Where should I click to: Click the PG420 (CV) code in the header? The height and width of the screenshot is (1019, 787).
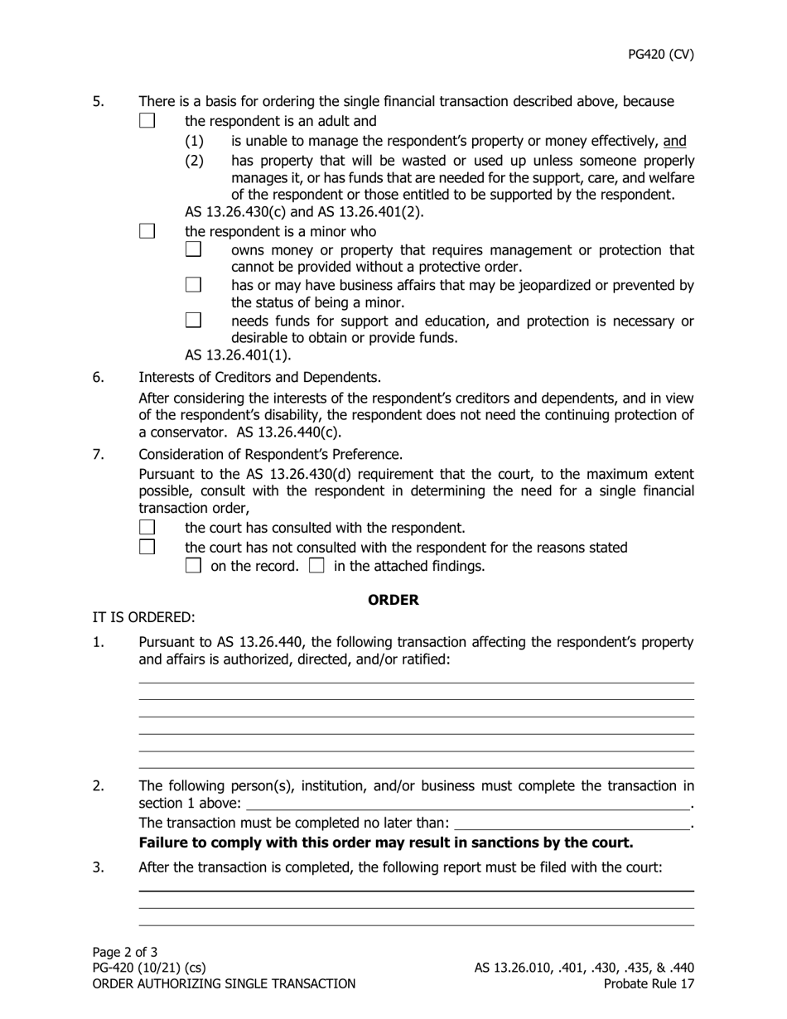coord(660,55)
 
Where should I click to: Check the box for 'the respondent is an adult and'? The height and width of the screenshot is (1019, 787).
coord(147,120)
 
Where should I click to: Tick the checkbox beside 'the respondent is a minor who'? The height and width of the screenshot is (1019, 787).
coord(147,231)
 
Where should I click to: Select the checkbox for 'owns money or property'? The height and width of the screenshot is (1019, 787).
coord(193,249)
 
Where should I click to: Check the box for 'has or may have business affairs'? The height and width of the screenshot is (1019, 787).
coord(193,285)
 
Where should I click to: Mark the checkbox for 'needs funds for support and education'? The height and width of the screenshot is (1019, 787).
coord(193,320)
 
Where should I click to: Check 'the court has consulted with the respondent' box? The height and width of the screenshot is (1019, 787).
coord(147,527)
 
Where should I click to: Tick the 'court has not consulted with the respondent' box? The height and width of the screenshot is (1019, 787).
coord(147,547)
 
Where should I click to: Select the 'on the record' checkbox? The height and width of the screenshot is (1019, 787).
coord(193,567)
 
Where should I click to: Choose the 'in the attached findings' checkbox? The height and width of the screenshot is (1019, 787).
coord(316,567)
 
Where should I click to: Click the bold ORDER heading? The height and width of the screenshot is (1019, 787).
coord(393,600)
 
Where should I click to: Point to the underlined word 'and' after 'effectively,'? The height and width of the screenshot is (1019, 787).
coord(674,142)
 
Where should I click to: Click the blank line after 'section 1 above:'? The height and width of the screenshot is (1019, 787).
coord(468,804)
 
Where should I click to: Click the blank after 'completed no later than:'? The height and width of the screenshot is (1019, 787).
coord(572,823)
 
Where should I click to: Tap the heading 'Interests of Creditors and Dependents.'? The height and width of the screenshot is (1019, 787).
coord(259,377)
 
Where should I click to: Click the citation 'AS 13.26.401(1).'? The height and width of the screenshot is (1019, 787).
coord(238,355)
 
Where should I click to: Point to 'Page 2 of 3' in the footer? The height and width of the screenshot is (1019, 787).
coord(125,952)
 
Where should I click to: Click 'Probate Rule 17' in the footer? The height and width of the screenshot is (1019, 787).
coord(649,984)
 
